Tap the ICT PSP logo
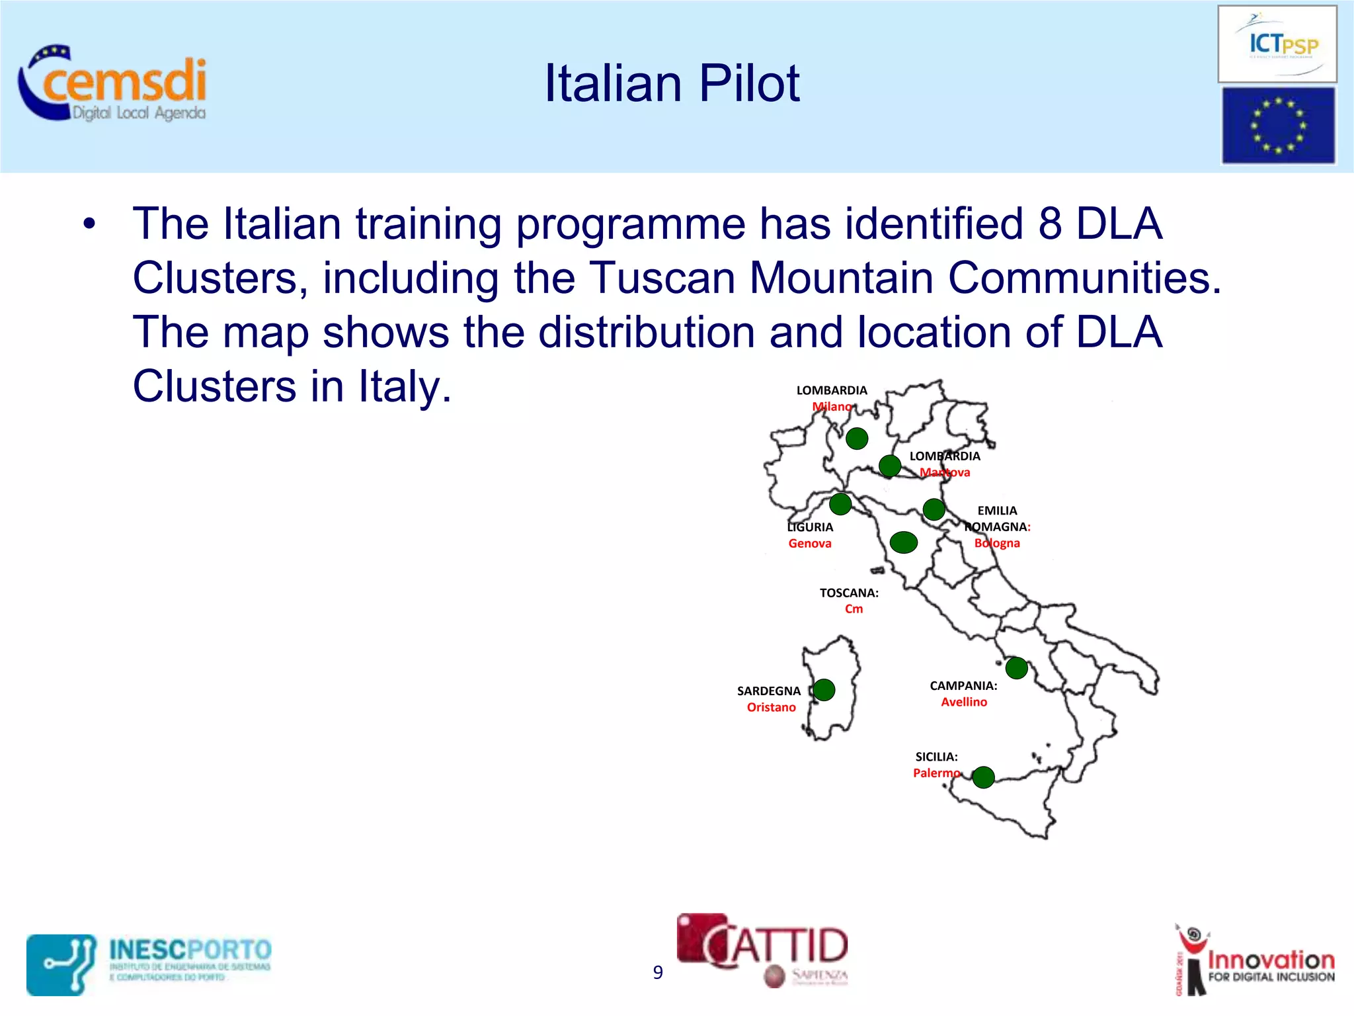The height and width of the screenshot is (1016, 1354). pyautogui.click(x=1277, y=44)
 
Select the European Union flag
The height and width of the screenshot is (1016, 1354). pyautogui.click(x=1277, y=126)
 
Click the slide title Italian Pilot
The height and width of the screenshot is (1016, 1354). pyautogui.click(x=671, y=83)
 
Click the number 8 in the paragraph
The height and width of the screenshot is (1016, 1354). pyautogui.click(x=1049, y=224)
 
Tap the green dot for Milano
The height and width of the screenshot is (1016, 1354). pyautogui.click(x=857, y=438)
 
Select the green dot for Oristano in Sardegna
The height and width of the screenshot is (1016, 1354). pyautogui.click(x=824, y=690)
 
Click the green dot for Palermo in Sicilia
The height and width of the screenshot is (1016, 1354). pyautogui.click(x=983, y=777)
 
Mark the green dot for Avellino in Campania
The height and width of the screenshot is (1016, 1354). pyautogui.click(x=1016, y=668)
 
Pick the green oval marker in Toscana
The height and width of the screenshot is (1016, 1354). pyautogui.click(x=903, y=542)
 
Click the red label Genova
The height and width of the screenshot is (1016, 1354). pyautogui.click(x=810, y=544)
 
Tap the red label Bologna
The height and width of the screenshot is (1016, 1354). pyautogui.click(x=997, y=543)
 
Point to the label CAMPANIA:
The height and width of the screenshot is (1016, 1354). pyautogui.click(x=963, y=686)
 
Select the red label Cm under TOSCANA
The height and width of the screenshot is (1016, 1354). pyautogui.click(x=854, y=609)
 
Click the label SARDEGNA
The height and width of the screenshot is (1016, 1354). pyautogui.click(x=768, y=691)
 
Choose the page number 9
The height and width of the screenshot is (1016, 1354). pyautogui.click(x=658, y=972)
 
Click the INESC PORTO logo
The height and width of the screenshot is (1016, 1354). pyautogui.click(x=149, y=964)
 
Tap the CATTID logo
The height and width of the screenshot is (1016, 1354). pyautogui.click(x=764, y=949)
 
